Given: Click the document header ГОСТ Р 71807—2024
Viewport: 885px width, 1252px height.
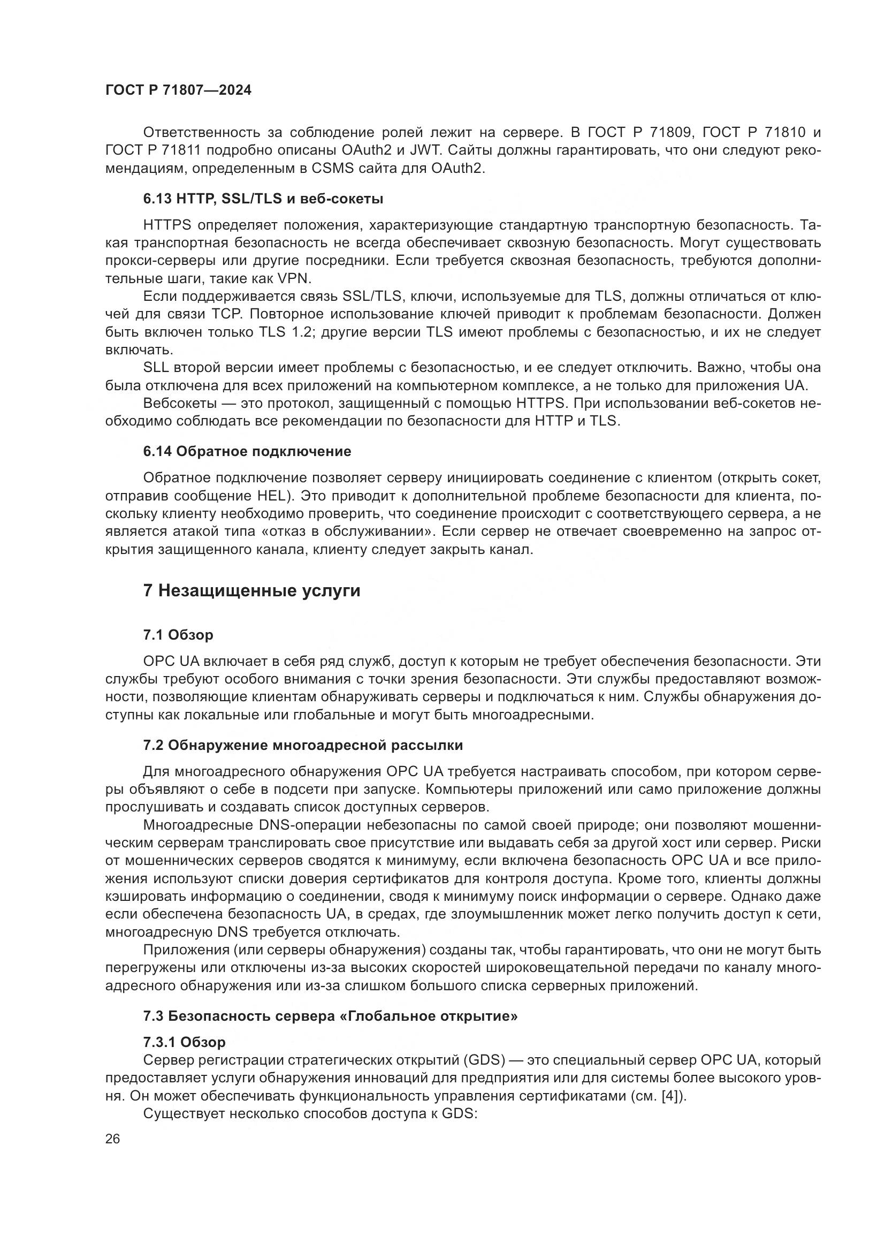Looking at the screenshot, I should coord(178,90).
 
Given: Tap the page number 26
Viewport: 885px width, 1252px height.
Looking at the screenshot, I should coord(112,1139).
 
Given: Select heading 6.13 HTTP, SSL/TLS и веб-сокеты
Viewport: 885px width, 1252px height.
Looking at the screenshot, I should coord(263,199).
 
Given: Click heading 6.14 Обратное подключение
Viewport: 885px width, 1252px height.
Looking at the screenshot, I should coord(247,452).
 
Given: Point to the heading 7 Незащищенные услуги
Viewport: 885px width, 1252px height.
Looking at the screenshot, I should coord(251,591).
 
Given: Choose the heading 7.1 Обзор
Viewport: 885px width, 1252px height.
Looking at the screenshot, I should coord(178,635).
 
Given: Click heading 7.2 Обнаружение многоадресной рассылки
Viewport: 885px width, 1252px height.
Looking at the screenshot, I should coord(303,746).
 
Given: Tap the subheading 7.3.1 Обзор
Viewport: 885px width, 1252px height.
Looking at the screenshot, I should coord(184,1042).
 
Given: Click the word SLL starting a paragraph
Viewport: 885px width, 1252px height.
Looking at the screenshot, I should coord(156,368).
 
